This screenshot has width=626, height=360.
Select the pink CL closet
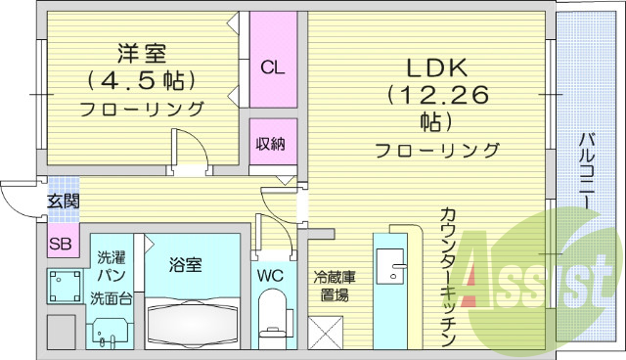[x=272, y=67]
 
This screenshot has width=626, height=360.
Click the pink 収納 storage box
[x=271, y=144]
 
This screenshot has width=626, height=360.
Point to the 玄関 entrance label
[x=63, y=202]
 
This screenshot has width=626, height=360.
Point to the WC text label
[x=271, y=276]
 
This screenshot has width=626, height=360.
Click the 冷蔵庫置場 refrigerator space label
[x=334, y=285]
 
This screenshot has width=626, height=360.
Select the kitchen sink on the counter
[x=399, y=262]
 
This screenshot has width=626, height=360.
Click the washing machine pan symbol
[x=67, y=285]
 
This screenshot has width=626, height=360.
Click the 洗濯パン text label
[x=110, y=266]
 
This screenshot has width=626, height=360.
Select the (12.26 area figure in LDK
[x=434, y=95]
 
